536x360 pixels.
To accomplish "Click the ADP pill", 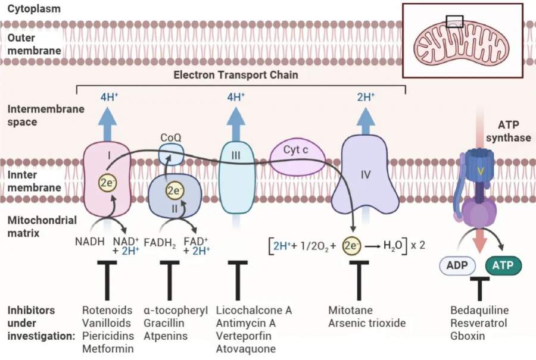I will click(x=458, y=264).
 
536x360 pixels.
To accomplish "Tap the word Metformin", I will click(x=108, y=349).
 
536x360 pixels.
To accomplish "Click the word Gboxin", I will click(x=468, y=336).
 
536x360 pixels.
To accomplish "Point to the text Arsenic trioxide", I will click(x=367, y=323).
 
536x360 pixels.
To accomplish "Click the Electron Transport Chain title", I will click(x=235, y=75).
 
